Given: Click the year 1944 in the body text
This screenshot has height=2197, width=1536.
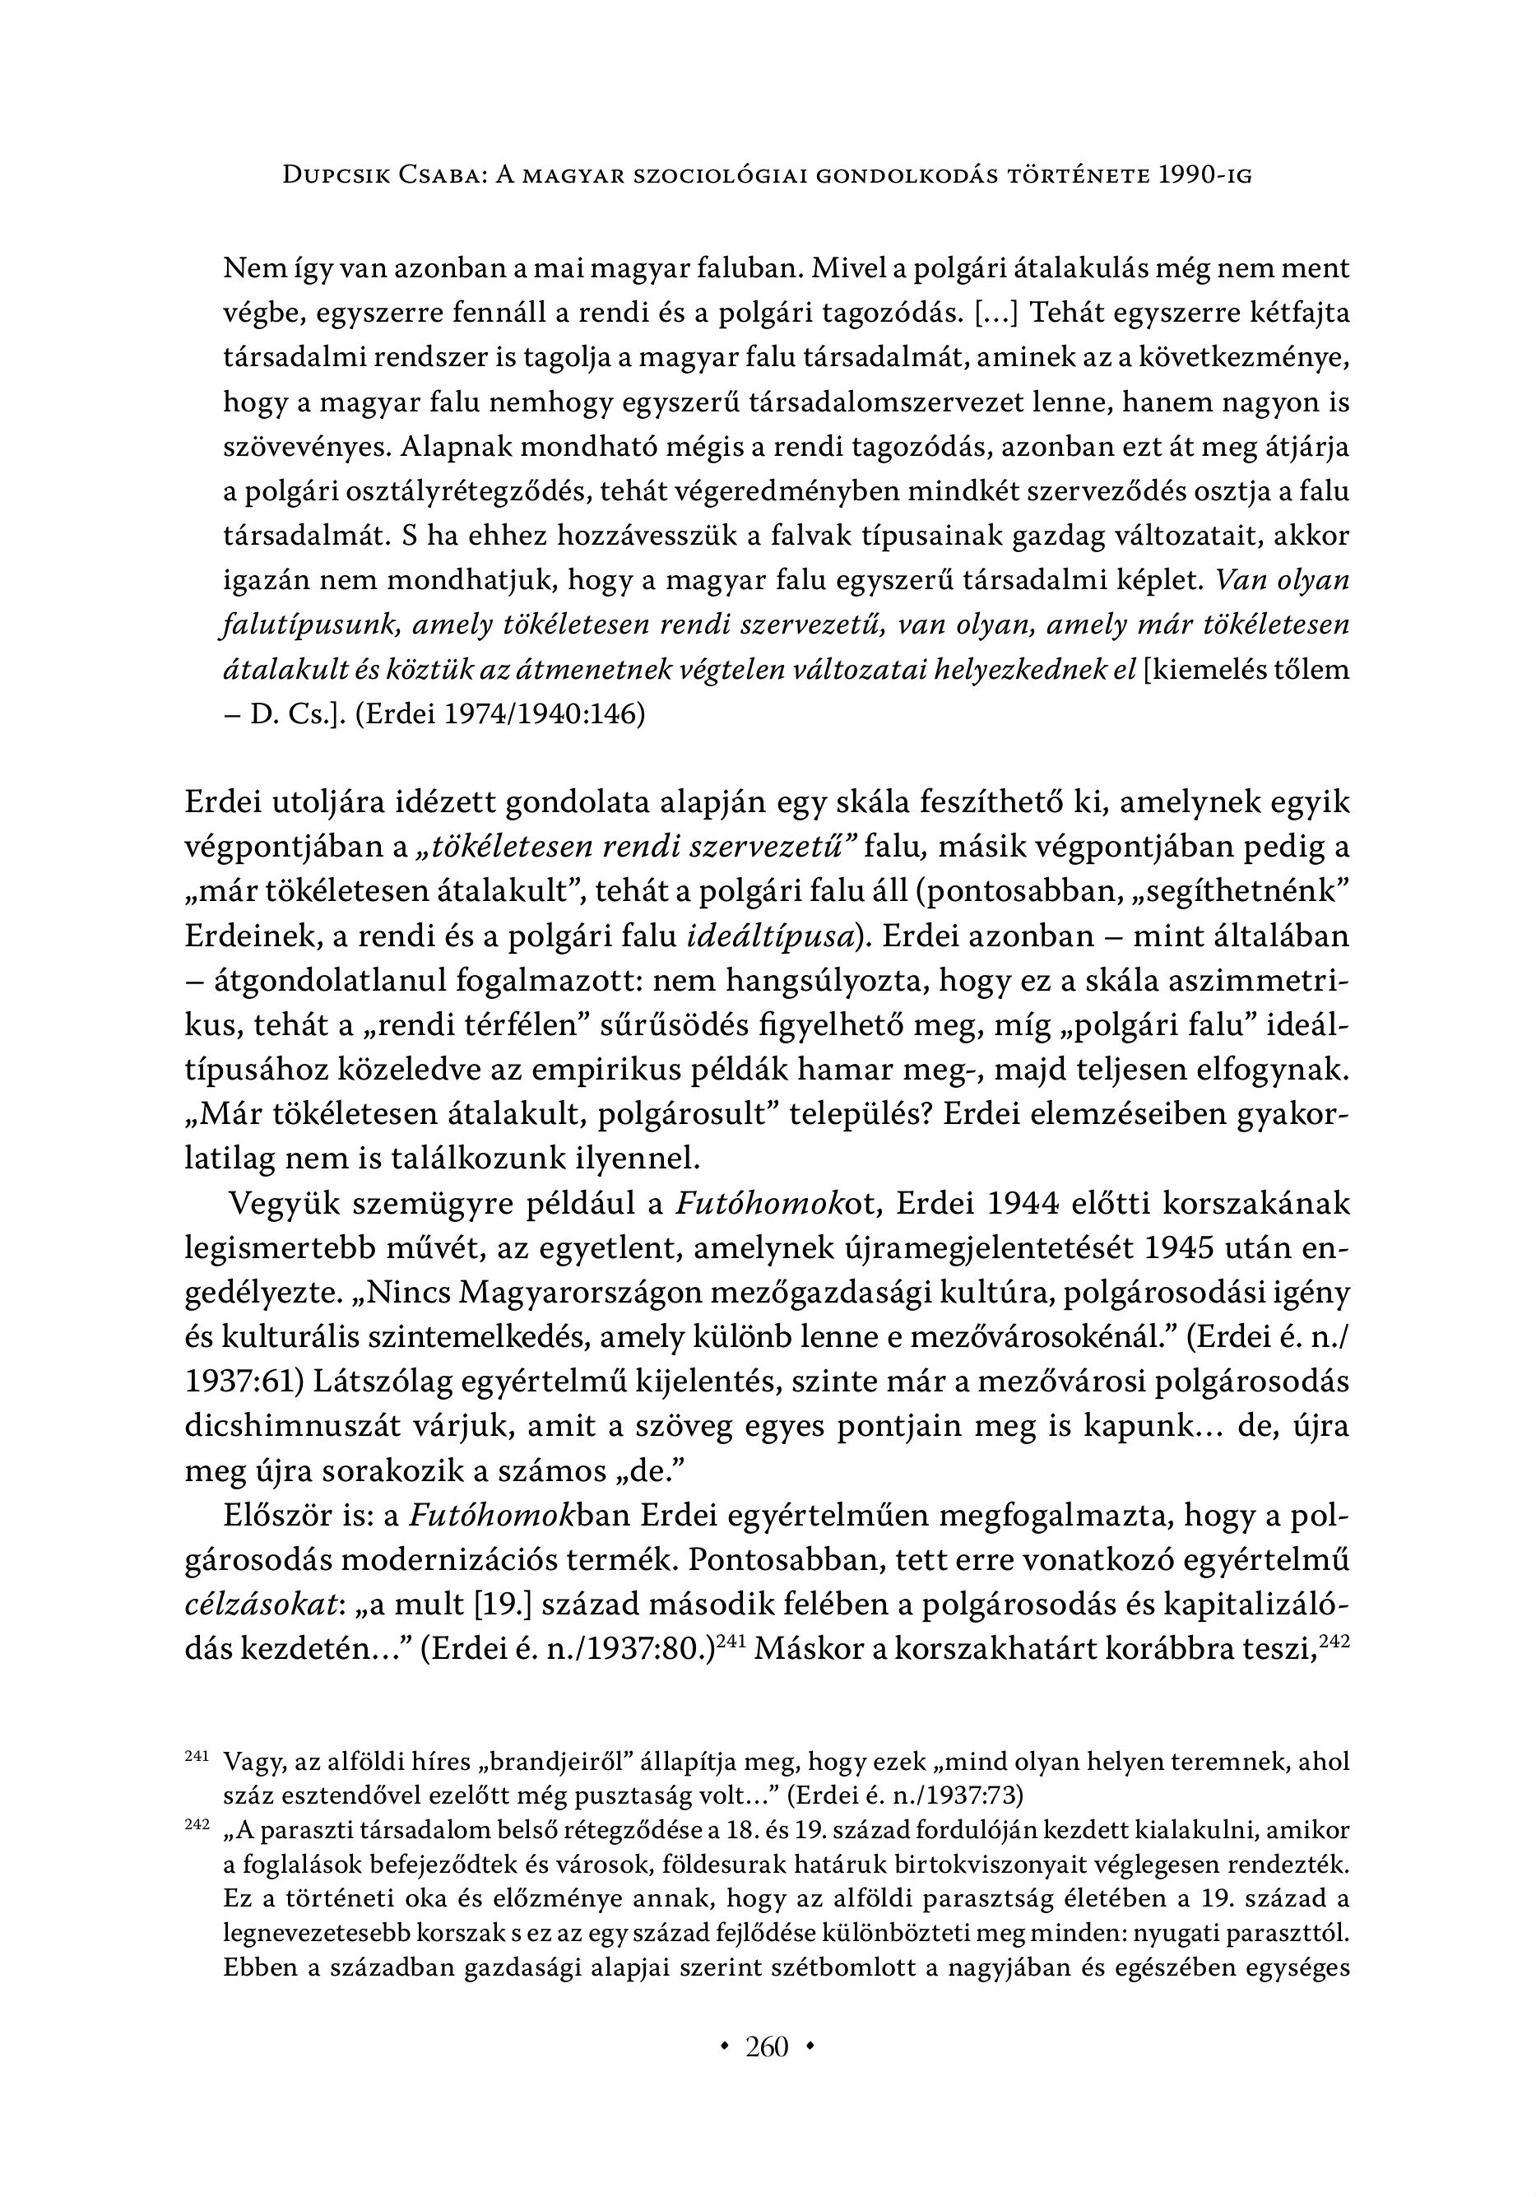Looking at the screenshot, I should point(1010,1203).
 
